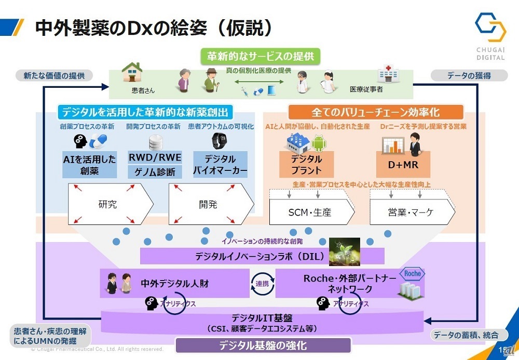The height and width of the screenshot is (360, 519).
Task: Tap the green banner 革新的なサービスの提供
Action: (x=261, y=56)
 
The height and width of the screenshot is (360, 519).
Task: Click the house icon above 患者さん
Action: (x=132, y=73)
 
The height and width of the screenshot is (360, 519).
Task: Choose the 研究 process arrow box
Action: (x=110, y=204)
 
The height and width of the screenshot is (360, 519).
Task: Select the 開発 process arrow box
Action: (x=210, y=204)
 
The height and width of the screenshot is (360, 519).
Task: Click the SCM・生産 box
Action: (x=311, y=212)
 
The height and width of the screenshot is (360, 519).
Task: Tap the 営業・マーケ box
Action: (x=412, y=212)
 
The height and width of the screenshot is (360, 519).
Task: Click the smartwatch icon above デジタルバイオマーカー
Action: (x=216, y=141)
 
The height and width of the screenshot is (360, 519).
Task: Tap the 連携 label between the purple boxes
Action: (x=262, y=284)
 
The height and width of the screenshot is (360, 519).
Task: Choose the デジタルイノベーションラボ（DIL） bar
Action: (x=262, y=256)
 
